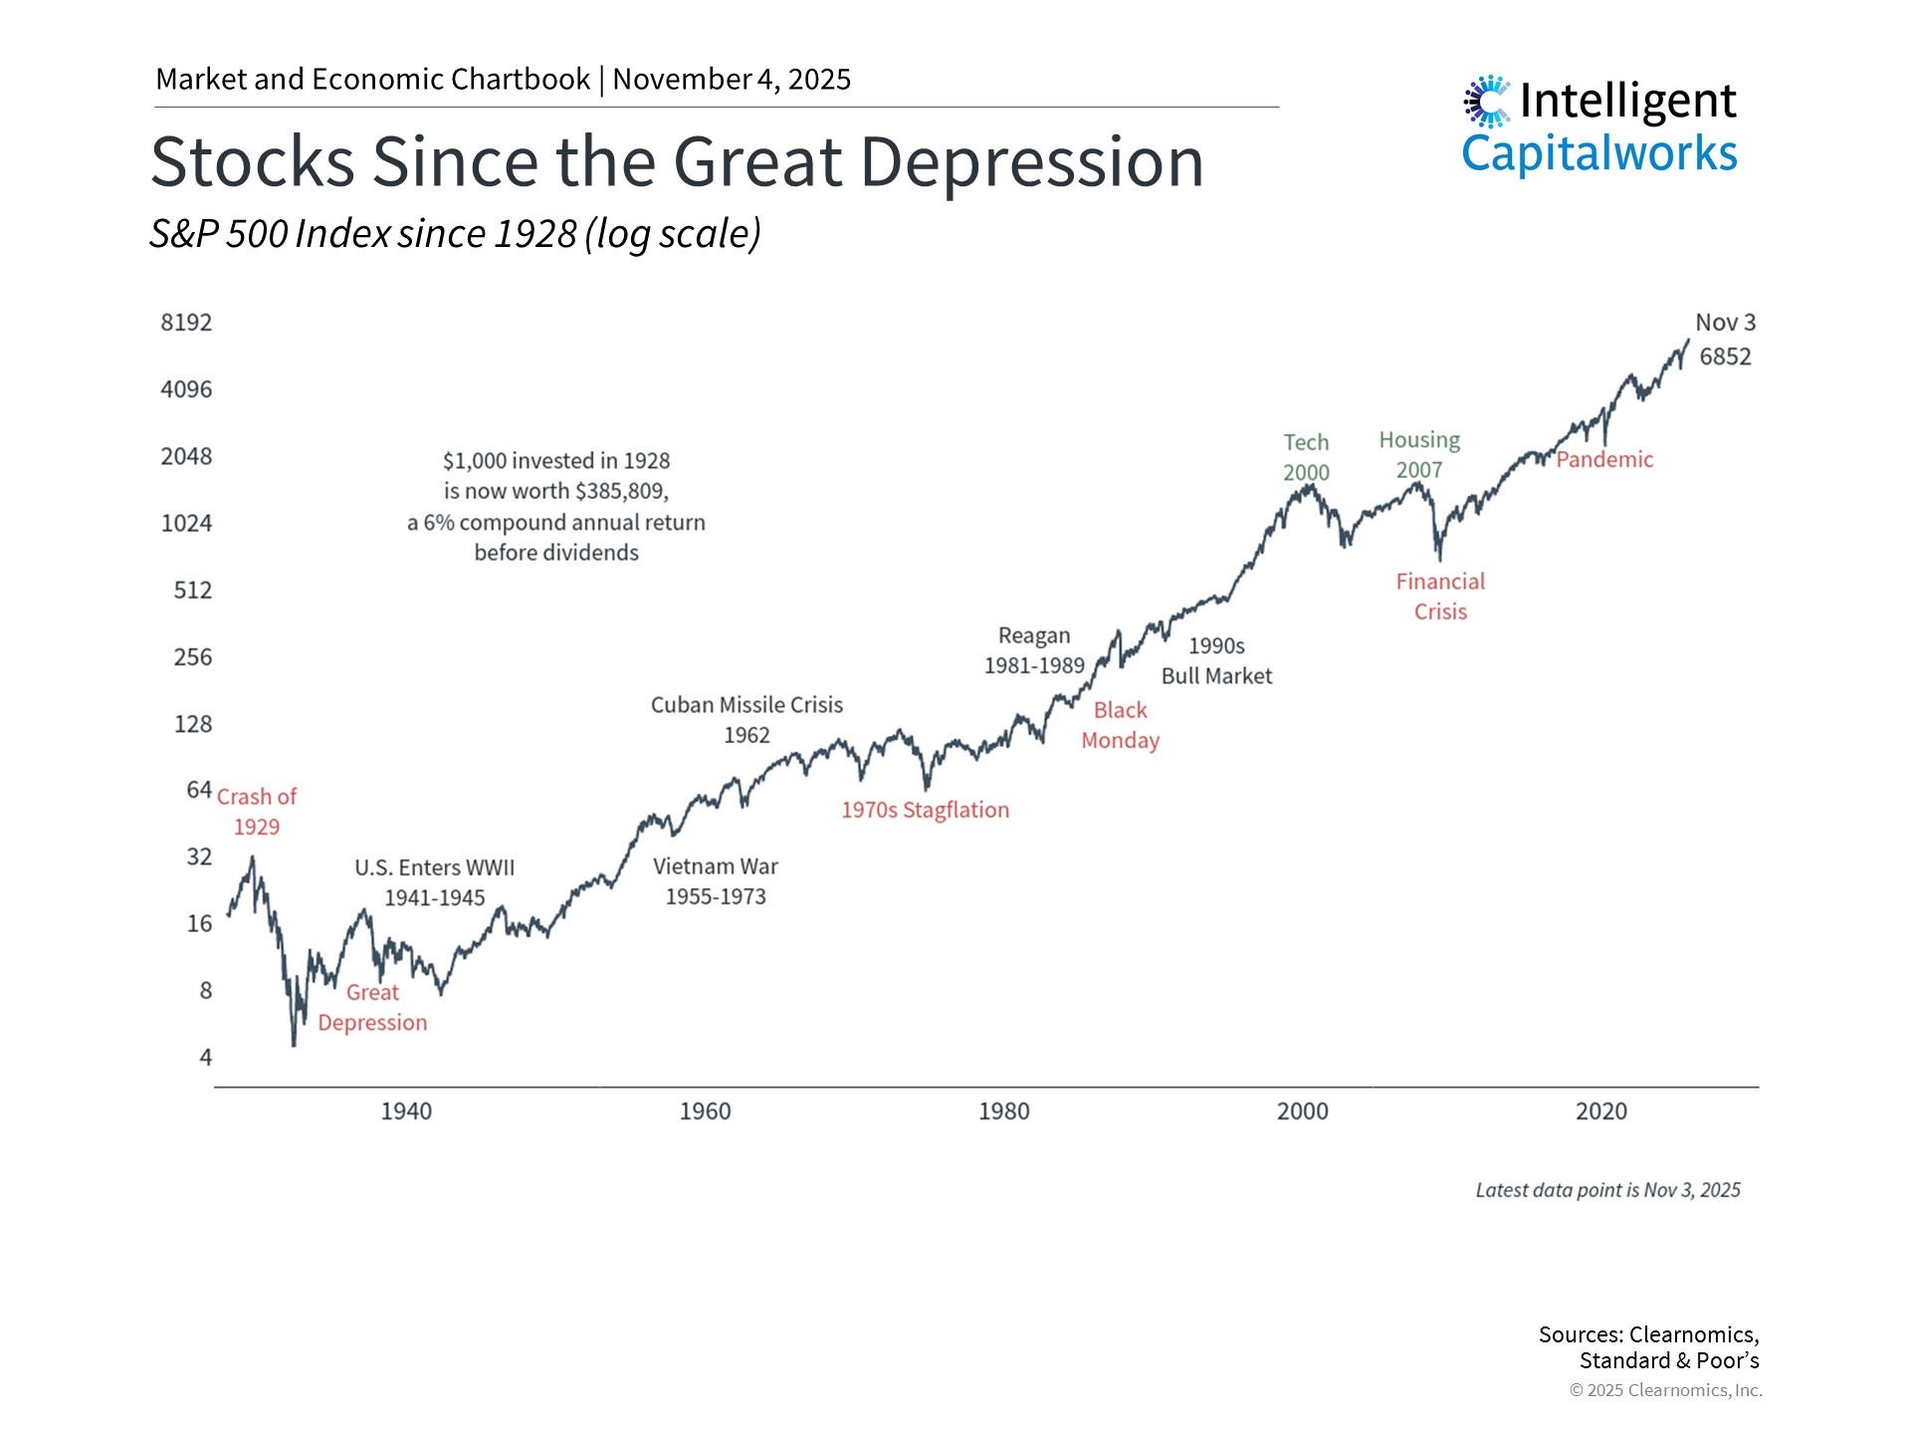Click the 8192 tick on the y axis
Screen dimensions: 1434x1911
[x=186, y=323]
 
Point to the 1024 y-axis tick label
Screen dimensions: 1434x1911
[x=186, y=524]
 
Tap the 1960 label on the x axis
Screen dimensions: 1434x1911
[x=705, y=1111]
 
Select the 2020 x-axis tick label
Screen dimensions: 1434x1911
[x=1600, y=1111]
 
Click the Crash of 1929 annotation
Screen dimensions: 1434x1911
[x=257, y=812]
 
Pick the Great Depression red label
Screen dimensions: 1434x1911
[x=372, y=1008]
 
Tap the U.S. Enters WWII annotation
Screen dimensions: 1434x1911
[x=435, y=882]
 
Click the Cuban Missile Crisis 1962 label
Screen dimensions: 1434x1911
[x=746, y=720]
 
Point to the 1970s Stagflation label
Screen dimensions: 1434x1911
[x=925, y=811]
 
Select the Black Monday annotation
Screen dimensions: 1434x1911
[x=1120, y=725]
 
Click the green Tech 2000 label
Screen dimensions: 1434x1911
[x=1306, y=457]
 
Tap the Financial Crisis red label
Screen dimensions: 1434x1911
[x=1440, y=597]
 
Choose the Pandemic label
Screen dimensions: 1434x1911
[x=1604, y=460]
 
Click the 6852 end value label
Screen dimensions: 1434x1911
[x=1725, y=357]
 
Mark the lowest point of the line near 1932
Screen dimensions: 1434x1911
[x=294, y=1044]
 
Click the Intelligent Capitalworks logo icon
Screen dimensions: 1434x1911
[x=1487, y=102]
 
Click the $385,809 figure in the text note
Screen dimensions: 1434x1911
[x=622, y=491]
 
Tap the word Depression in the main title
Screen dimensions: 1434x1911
[x=1032, y=162]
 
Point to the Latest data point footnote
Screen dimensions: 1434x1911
[x=1607, y=1190]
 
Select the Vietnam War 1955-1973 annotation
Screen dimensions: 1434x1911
[x=716, y=881]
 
